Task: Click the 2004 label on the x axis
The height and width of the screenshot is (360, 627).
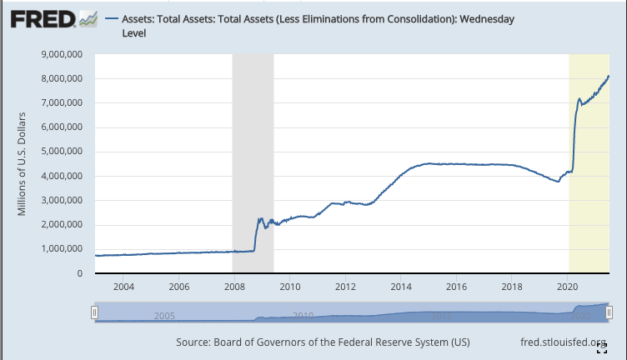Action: pyautogui.click(x=123, y=287)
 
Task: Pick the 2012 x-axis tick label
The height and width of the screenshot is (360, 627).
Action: pyautogui.click(x=345, y=287)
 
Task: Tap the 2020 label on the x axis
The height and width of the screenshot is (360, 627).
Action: pyautogui.click(x=567, y=287)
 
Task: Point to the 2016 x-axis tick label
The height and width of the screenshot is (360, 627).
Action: pyautogui.click(x=456, y=287)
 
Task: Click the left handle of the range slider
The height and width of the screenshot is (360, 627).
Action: pyautogui.click(x=95, y=312)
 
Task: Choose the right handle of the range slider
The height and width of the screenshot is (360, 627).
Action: pyautogui.click(x=609, y=312)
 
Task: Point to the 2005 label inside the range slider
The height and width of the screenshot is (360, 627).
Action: pyautogui.click(x=163, y=316)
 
